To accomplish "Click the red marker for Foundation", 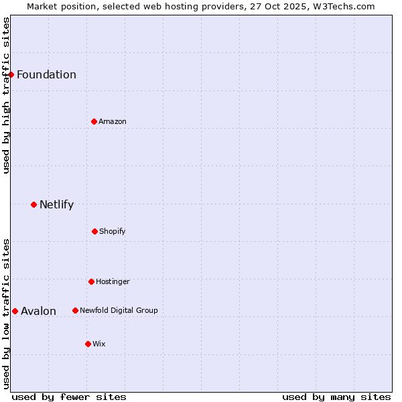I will tap(11, 74).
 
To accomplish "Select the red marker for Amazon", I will tap(94, 121).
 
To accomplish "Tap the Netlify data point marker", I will tap(33, 204).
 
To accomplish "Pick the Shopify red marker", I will tap(94, 231).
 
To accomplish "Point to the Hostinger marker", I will tap(91, 281).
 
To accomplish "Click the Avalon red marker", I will tap(15, 311).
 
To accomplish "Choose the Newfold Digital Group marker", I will tap(75, 310).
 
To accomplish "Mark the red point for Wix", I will tap(88, 344).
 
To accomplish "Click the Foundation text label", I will tap(46, 74).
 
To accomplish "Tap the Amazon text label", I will tap(113, 121).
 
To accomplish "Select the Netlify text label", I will tap(56, 204).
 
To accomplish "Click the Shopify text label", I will tap(113, 231).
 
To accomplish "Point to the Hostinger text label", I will tap(113, 281).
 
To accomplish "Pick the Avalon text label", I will tap(38, 311).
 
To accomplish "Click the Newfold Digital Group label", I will tap(119, 310).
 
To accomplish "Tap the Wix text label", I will tap(99, 344).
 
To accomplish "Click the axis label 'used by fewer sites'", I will tap(69, 397).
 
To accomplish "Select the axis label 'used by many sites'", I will tap(336, 397).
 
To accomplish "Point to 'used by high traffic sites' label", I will tap(6, 95).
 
